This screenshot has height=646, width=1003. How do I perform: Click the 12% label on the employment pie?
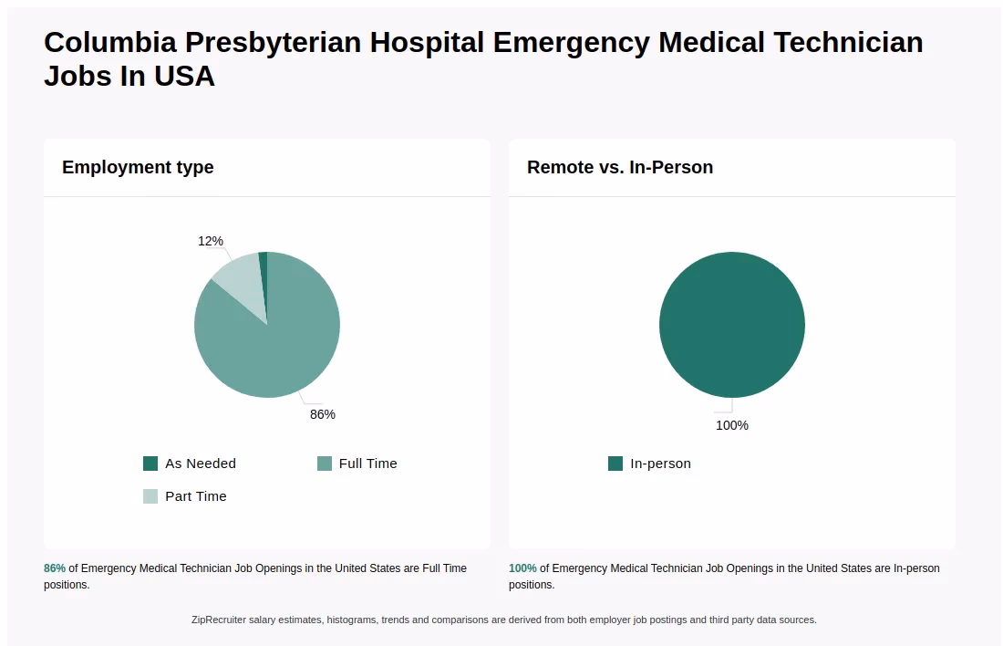coord(211,241)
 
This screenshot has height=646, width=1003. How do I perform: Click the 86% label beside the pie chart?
coord(323,414)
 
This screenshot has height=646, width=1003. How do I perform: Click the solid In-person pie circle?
coord(732,325)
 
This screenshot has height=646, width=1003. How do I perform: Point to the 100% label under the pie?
coord(731,425)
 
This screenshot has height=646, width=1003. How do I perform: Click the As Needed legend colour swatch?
coord(150,464)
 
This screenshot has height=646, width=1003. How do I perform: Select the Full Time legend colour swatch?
coord(325,464)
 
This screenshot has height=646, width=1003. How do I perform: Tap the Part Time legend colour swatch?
coord(150,496)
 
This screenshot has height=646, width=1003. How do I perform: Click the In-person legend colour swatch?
coord(615,464)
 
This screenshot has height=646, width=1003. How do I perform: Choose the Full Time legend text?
coord(367,464)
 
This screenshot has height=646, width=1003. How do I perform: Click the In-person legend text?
coord(660,464)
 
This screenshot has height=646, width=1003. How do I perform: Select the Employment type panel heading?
coord(138,167)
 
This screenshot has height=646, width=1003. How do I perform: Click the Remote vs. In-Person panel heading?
coord(620,167)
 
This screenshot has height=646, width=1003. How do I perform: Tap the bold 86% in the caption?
coord(55,568)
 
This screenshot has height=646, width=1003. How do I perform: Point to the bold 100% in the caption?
coord(522,568)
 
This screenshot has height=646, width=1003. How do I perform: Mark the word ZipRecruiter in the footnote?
coord(221,620)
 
